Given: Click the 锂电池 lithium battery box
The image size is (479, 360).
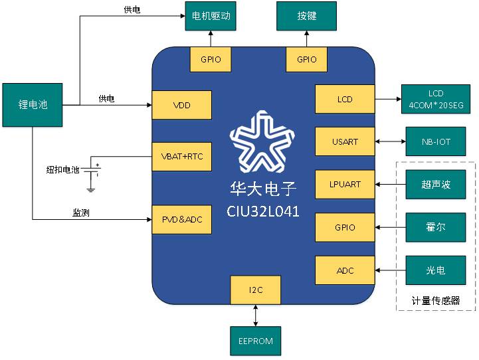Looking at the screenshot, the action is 33,105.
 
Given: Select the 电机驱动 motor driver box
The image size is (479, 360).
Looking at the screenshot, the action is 211,16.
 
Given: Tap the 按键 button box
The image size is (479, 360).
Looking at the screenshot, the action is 306,16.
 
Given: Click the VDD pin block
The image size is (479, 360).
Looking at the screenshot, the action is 182,105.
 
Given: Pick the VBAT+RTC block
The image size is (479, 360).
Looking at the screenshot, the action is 182,157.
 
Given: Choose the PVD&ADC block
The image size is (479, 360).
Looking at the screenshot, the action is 182,220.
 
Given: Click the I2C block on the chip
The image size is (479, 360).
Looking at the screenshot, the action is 255,290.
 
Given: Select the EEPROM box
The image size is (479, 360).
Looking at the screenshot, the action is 255,341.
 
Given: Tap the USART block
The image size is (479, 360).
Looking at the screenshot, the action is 345,141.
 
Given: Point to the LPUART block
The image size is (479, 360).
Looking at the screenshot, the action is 345,185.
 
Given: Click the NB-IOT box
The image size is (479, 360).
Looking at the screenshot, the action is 436,141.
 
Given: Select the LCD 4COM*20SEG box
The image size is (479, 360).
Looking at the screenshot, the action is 436,99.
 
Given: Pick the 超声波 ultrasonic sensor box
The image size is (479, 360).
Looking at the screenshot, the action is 436,185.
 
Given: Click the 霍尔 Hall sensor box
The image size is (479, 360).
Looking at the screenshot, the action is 436,227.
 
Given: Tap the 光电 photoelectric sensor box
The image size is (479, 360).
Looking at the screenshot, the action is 436,270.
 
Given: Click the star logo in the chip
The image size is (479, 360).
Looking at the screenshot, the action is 262,141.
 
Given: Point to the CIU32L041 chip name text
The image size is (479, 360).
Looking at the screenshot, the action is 262,211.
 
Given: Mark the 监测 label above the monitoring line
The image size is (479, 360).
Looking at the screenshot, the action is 81,213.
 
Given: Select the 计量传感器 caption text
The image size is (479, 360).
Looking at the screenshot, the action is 436,301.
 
